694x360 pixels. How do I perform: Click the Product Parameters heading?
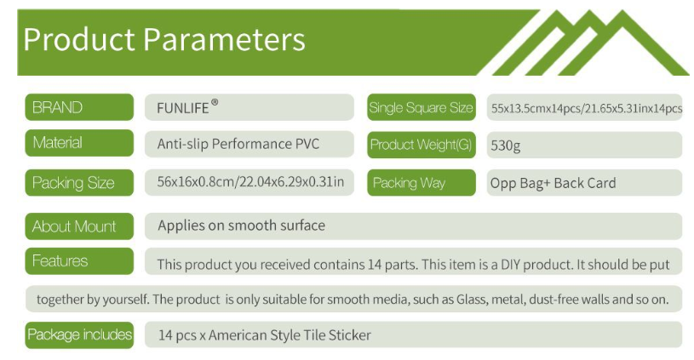click(x=164, y=40)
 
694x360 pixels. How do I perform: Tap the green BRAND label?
click(x=79, y=107)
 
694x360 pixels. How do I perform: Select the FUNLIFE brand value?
click(x=183, y=108)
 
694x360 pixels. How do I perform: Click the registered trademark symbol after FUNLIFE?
click(x=215, y=103)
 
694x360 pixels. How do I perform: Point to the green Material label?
click(x=79, y=143)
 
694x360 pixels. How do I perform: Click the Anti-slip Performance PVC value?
click(x=238, y=144)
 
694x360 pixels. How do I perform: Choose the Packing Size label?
click(x=79, y=182)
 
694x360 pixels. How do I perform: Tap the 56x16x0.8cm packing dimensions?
click(x=250, y=182)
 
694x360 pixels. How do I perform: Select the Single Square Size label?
click(x=422, y=107)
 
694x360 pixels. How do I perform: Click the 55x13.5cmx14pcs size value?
click(x=587, y=108)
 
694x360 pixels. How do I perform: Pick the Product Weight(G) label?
click(x=422, y=145)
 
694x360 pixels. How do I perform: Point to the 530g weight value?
click(x=506, y=146)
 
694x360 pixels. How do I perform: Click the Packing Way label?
click(x=422, y=182)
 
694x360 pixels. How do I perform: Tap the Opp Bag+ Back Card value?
click(x=553, y=183)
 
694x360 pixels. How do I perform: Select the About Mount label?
click(x=79, y=226)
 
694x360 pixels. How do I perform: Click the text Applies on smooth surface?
click(x=241, y=226)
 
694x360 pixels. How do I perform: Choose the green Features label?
click(x=79, y=261)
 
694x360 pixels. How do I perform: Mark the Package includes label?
click(x=79, y=334)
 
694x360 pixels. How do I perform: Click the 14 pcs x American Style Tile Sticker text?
click(x=265, y=335)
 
